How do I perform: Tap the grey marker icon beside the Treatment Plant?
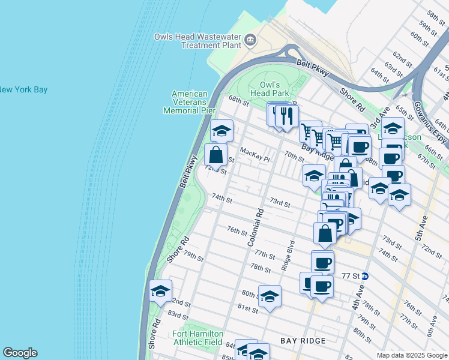[250, 41]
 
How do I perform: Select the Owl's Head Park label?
[275, 89]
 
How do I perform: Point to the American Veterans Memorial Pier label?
[189, 102]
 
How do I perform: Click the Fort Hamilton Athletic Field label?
[197, 338]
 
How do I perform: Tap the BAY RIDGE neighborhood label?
[303, 341]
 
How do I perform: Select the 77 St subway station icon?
[364, 277]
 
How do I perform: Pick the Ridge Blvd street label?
[291, 253]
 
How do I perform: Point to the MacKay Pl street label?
[256, 155]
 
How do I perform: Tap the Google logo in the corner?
[20, 353]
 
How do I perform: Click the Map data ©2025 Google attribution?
[411, 355]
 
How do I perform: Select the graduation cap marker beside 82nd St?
[161, 292]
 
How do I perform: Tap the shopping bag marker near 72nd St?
[216, 155]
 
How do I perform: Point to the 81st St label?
[247, 308]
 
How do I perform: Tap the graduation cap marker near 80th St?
[270, 296]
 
